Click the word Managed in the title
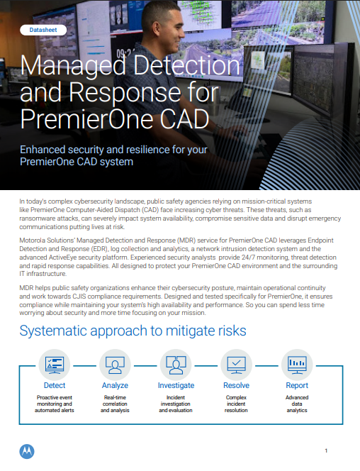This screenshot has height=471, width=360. pyautogui.click(x=69, y=67)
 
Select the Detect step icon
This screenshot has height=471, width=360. pyautogui.click(x=55, y=364)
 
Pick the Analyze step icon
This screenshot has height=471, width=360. pyautogui.click(x=115, y=364)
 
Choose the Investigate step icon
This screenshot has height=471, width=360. pyautogui.click(x=175, y=364)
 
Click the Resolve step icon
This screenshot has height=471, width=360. pyautogui.click(x=235, y=364)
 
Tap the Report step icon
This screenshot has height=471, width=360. pyautogui.click(x=296, y=364)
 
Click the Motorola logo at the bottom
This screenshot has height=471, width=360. pyautogui.click(x=27, y=450)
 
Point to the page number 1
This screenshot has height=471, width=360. pyautogui.click(x=325, y=450)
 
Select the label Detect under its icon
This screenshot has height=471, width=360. pyautogui.click(x=55, y=386)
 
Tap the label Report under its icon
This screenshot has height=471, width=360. pyautogui.click(x=296, y=386)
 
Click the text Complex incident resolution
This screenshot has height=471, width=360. pyautogui.click(x=235, y=404)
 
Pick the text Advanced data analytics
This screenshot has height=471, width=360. pyautogui.click(x=296, y=404)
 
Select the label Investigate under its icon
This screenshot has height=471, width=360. pyautogui.click(x=175, y=386)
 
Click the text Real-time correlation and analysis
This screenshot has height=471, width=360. pyautogui.click(x=115, y=404)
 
